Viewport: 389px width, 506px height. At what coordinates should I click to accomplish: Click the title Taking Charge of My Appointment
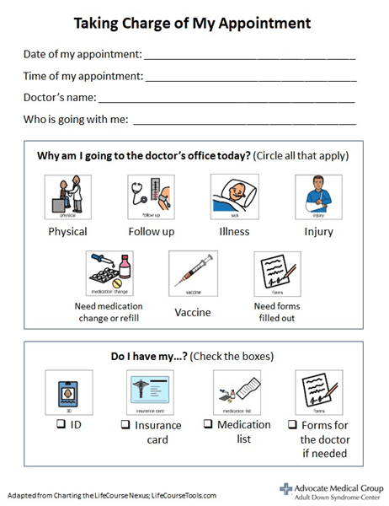tap(194, 22)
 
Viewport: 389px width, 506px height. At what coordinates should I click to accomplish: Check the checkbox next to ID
tap(61, 424)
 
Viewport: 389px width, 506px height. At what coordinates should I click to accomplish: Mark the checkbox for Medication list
tap(208, 424)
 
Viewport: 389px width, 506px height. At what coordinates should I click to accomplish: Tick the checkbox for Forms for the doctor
tap(292, 425)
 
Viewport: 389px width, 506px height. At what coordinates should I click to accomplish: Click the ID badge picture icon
tap(67, 392)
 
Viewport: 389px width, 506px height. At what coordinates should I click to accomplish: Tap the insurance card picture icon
tap(151, 392)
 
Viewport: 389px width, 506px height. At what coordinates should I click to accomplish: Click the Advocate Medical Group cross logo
tap(285, 488)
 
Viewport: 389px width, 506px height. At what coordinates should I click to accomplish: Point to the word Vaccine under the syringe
tap(193, 312)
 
